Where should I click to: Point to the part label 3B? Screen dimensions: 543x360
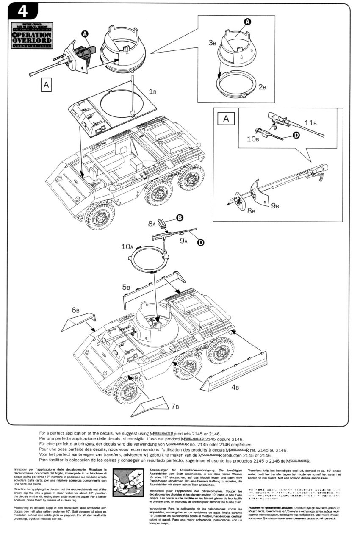[213, 43]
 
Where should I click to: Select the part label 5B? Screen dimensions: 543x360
[126, 287]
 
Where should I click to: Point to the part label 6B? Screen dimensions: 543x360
[75, 310]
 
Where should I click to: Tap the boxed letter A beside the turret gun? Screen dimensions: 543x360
[46, 84]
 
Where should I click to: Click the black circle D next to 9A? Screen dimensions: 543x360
[200, 242]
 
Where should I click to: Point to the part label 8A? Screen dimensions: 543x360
[152, 222]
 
